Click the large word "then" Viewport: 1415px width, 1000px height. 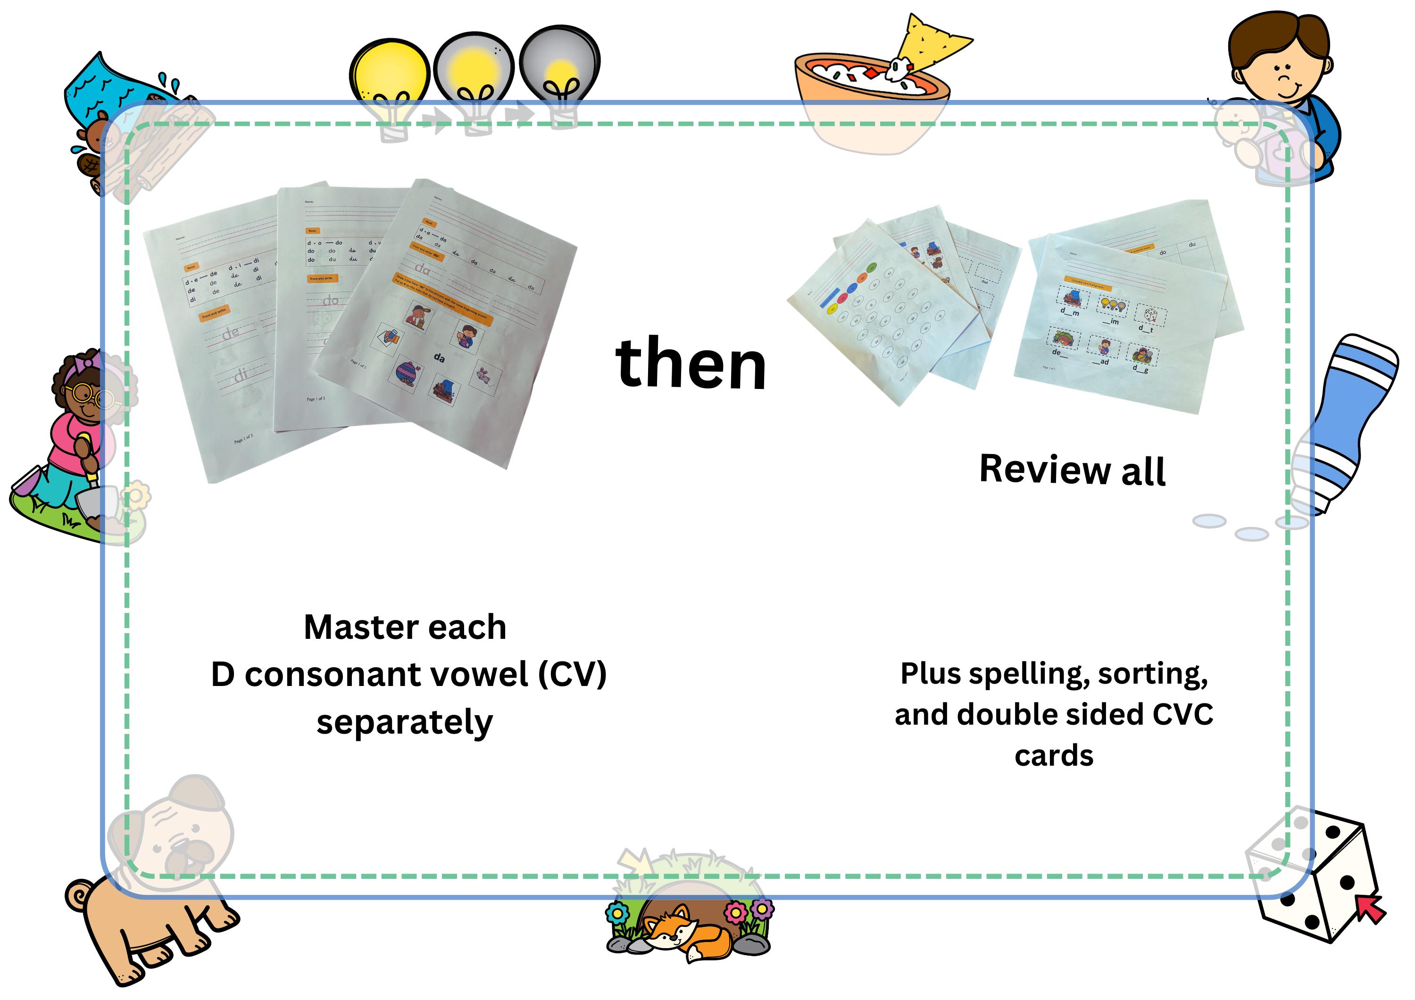pos(690,365)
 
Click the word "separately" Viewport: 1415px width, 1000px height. pos(404,722)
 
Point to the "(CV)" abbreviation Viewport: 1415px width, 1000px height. pos(572,674)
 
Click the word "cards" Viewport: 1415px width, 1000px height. pos(1054,755)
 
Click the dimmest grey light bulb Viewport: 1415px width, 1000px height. pos(559,68)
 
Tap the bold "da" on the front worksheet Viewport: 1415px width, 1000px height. pos(439,357)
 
